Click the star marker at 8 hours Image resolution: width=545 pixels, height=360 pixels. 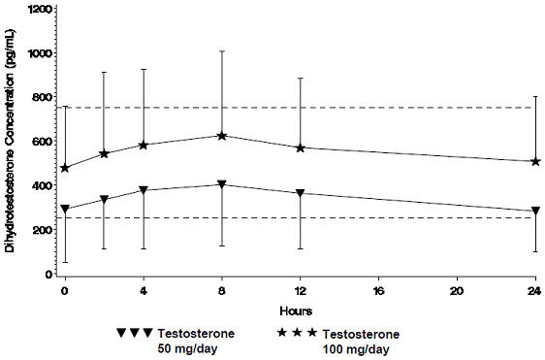pos(222,136)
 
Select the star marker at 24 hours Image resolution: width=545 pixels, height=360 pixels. pos(534,161)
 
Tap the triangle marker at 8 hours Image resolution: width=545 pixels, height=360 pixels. pos(222,184)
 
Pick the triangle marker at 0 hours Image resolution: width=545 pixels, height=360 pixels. pos(65,209)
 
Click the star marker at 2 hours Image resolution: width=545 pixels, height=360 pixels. pos(104,153)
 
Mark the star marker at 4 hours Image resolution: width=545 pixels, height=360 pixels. pos(144,145)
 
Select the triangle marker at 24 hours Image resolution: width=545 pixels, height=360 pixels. pos(534,211)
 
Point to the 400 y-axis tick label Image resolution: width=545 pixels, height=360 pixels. pos(43,186)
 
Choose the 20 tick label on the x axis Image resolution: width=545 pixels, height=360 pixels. pos(457,290)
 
